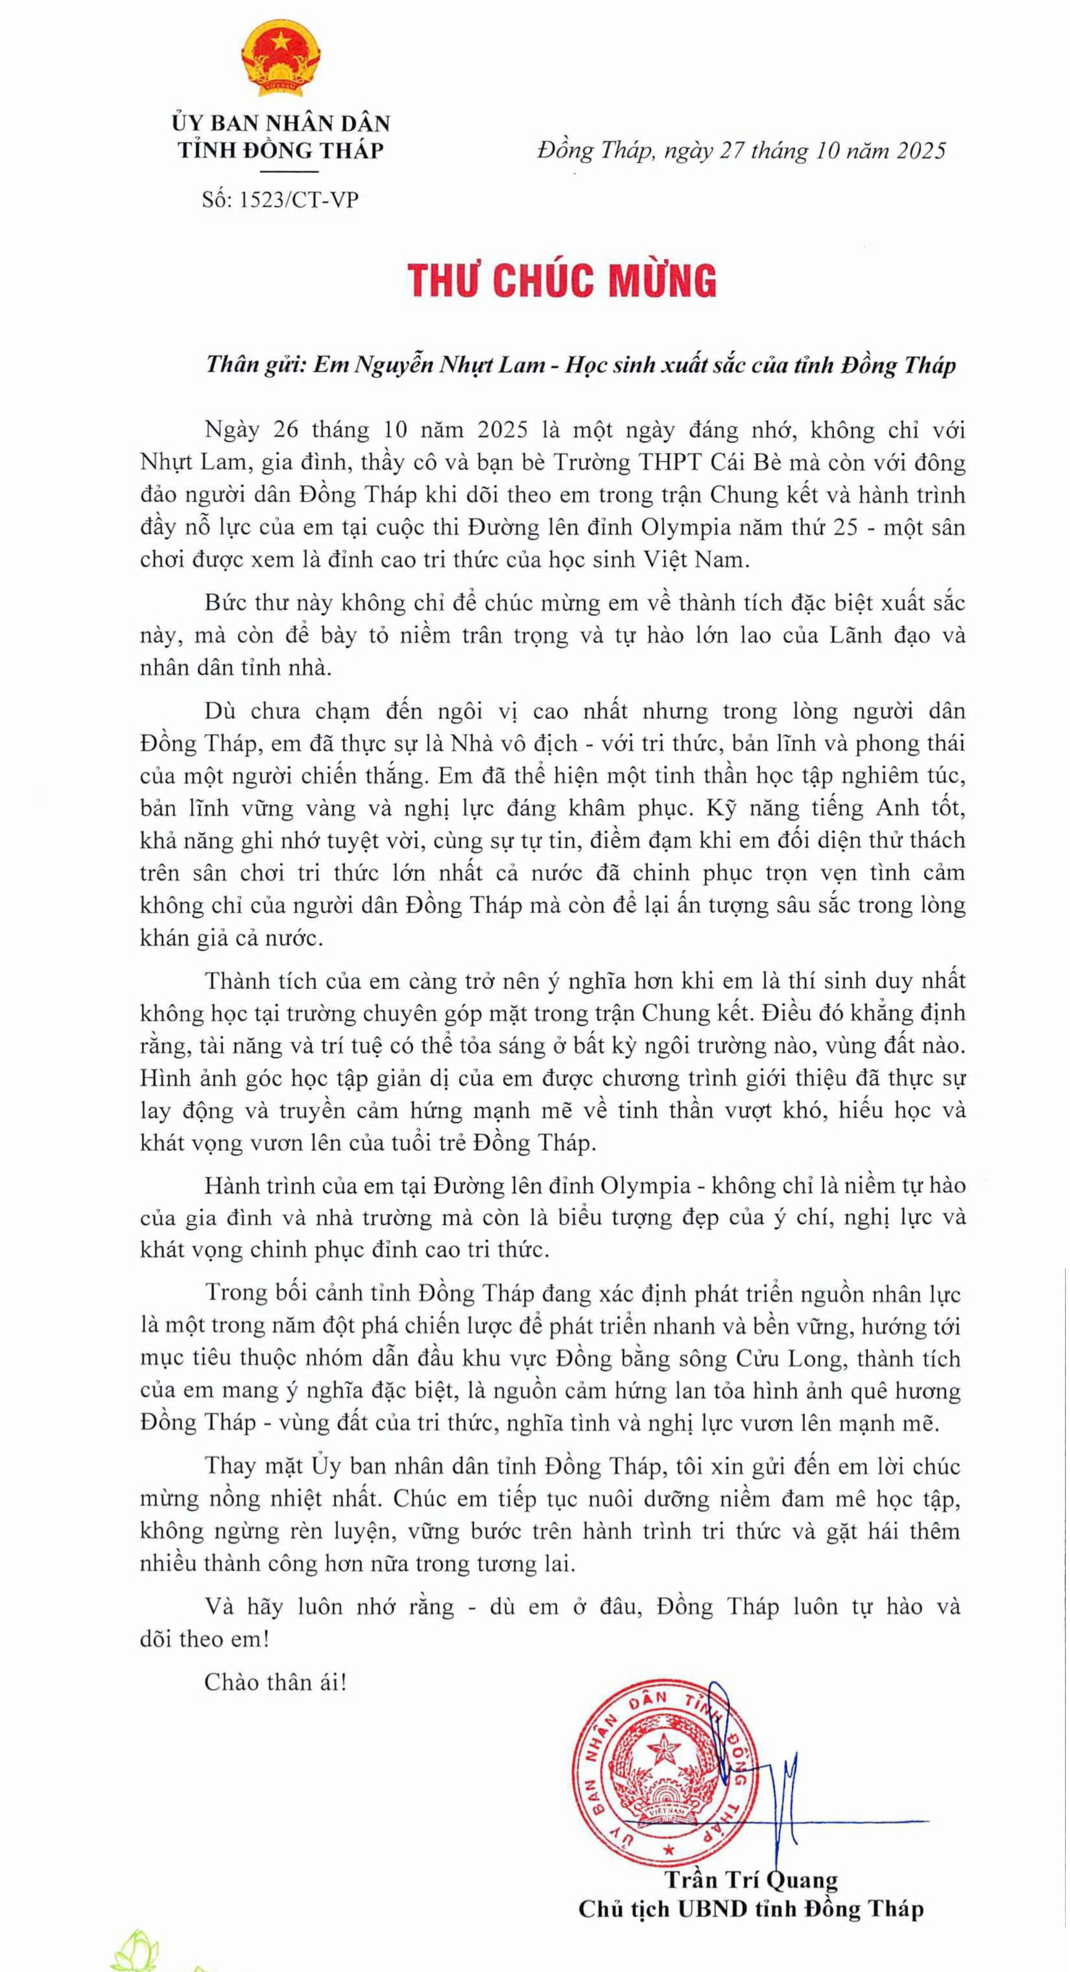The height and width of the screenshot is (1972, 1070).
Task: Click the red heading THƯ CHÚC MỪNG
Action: coord(562,280)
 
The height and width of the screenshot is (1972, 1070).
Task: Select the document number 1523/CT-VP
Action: coord(299,201)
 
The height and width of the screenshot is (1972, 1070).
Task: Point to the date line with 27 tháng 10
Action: coord(741,151)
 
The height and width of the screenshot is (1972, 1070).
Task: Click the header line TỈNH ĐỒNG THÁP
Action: coord(280,150)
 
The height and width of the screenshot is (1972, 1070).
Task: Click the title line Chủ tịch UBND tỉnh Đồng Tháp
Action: coord(750,1910)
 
